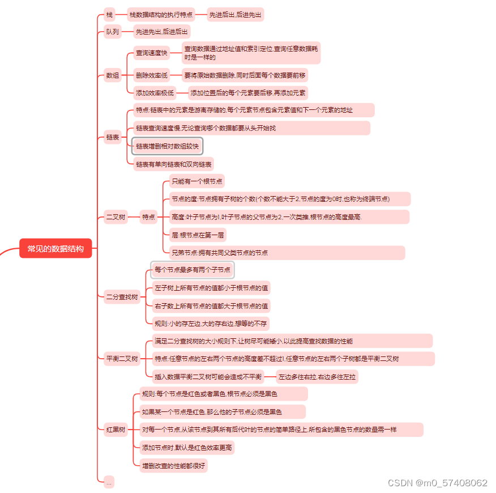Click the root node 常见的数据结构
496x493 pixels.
(x=55, y=248)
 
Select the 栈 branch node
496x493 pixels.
(x=109, y=15)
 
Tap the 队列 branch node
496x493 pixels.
(x=113, y=32)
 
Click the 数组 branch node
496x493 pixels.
(x=113, y=75)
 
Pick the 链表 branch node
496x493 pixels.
(x=113, y=137)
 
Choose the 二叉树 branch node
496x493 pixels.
(x=116, y=216)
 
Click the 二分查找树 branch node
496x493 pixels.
(x=122, y=297)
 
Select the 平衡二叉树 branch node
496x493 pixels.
(x=122, y=359)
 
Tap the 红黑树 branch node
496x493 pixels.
(x=116, y=429)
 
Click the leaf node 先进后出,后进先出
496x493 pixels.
(x=236, y=15)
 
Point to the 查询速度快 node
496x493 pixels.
(x=151, y=53)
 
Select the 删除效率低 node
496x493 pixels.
(x=151, y=75)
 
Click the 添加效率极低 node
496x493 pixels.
(x=155, y=93)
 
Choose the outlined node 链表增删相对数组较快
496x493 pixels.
(x=167, y=146)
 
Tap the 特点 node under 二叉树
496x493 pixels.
(x=149, y=216)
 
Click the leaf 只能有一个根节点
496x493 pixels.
(x=197, y=181)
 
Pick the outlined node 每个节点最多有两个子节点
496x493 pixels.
(x=193, y=270)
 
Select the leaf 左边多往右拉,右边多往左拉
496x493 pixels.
(x=317, y=376)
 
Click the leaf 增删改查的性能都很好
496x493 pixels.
(x=174, y=466)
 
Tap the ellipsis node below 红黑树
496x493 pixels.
(x=109, y=482)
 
